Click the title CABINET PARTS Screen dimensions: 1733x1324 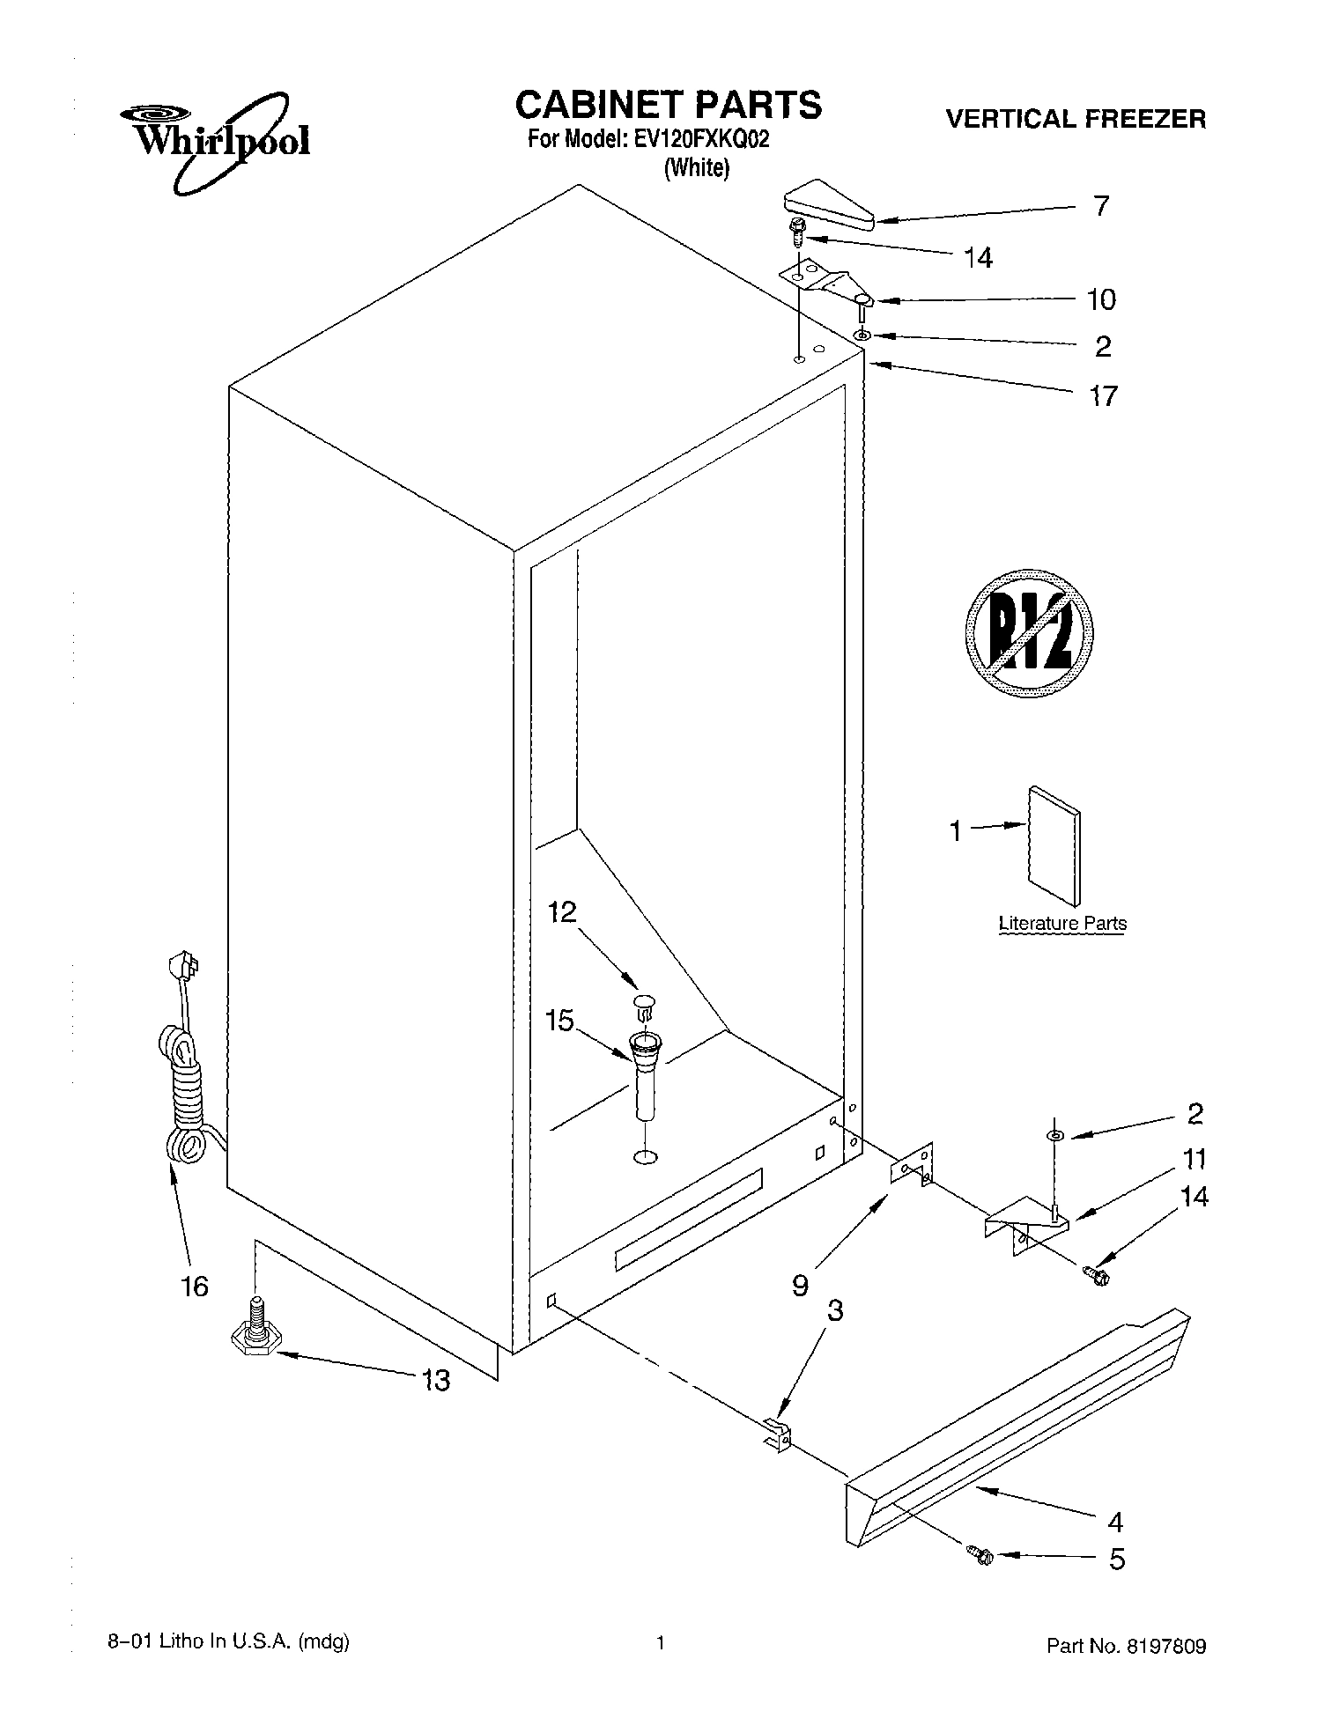pyautogui.click(x=668, y=105)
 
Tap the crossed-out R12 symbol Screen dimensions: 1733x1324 pyautogui.click(x=1029, y=632)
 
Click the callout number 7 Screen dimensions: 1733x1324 pyautogui.click(x=1101, y=206)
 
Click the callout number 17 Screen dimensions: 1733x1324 pyautogui.click(x=1103, y=396)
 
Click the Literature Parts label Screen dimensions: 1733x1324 pyautogui.click(x=1062, y=924)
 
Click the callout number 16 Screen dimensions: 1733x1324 pyautogui.click(x=195, y=1287)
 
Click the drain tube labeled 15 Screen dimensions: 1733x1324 pyautogui.click(x=645, y=1079)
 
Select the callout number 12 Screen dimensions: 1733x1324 pyautogui.click(x=562, y=911)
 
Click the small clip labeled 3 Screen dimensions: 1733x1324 pyautogui.click(x=776, y=1434)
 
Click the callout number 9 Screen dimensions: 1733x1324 pyautogui.click(x=800, y=1287)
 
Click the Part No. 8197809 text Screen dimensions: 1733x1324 pyautogui.click(x=1126, y=1646)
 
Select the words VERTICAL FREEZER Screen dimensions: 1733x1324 pyautogui.click(x=1076, y=119)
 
